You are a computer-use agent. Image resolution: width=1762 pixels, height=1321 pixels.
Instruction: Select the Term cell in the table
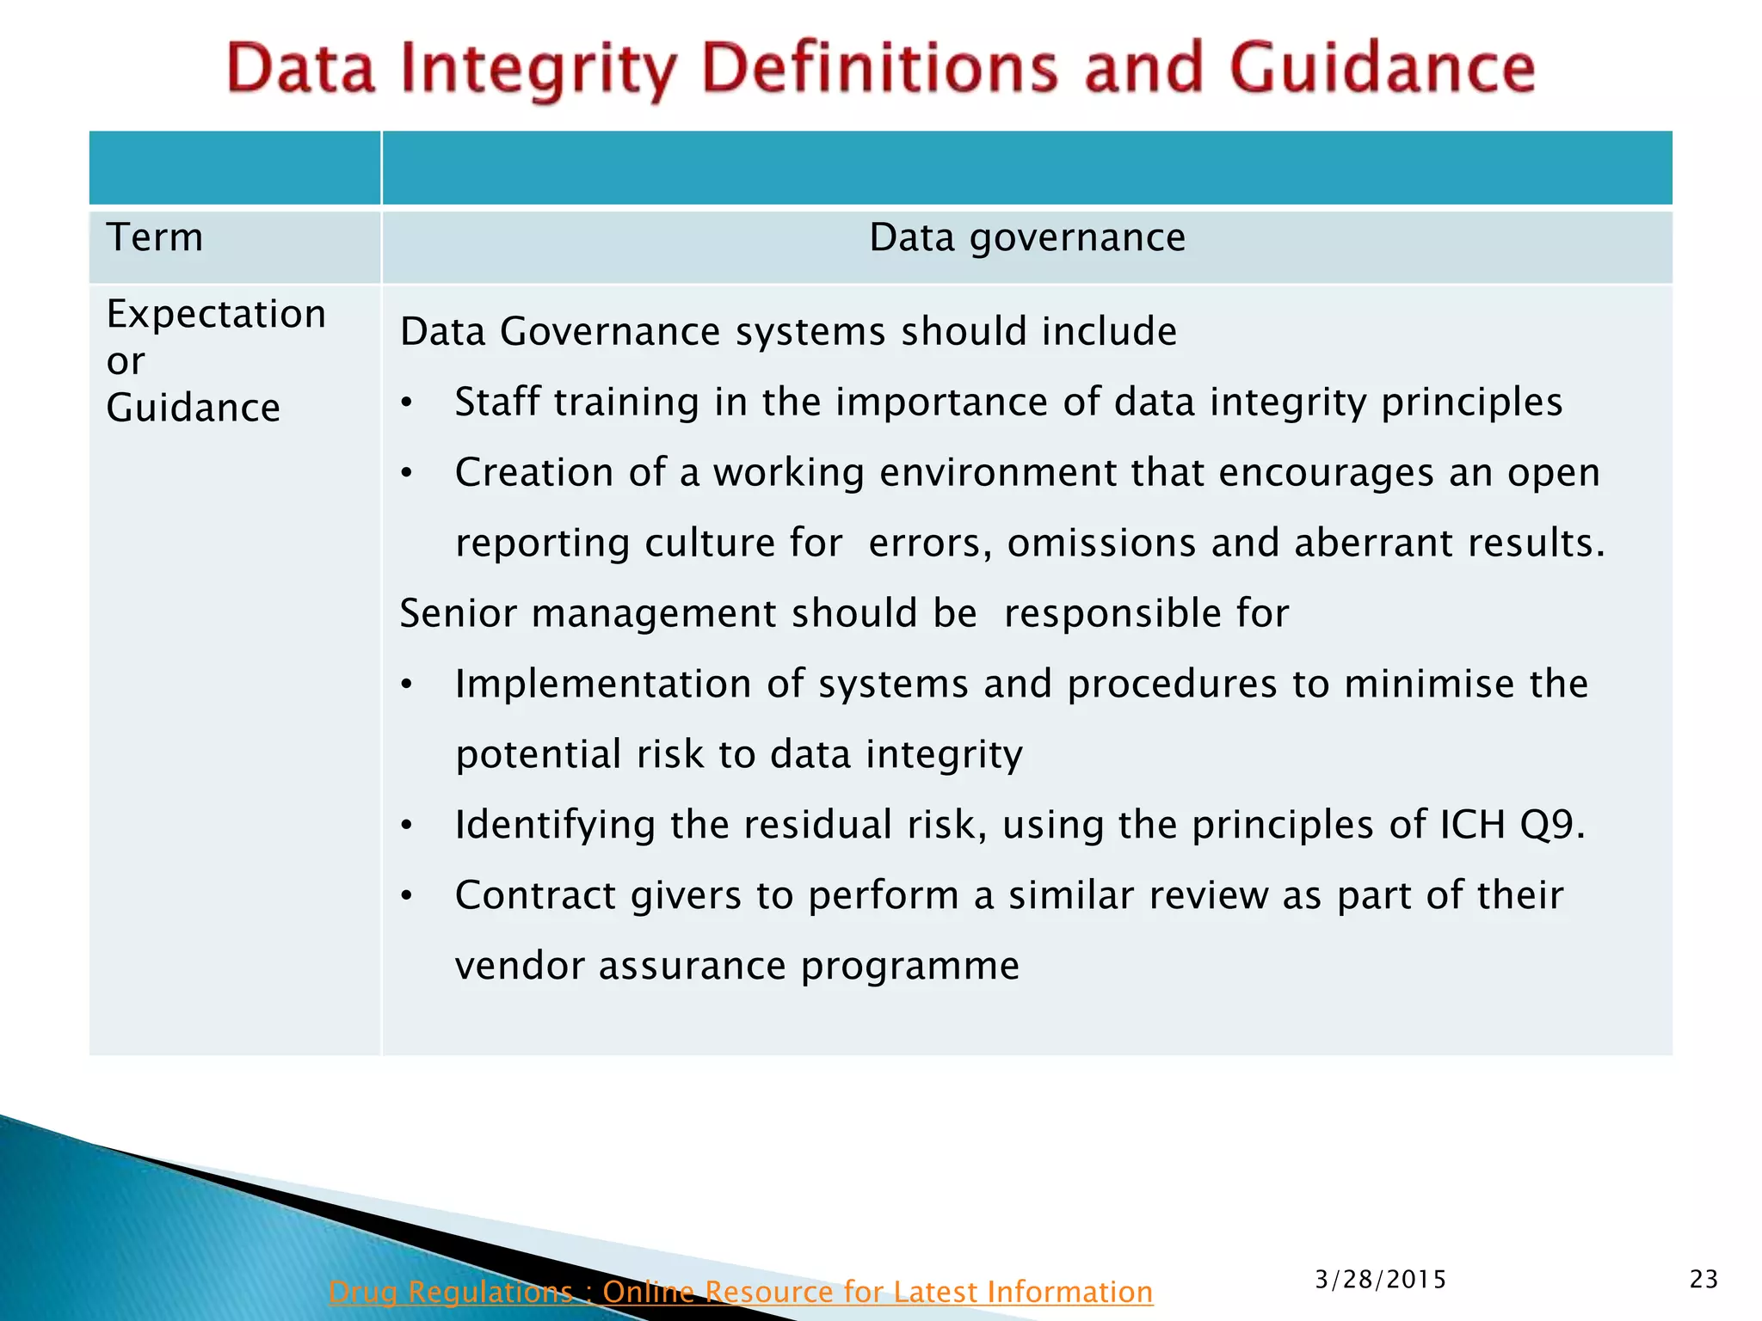[x=155, y=237]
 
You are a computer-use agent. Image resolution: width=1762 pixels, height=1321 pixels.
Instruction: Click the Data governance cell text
[x=1027, y=237]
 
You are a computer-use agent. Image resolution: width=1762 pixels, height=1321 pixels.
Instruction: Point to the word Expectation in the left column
[x=216, y=314]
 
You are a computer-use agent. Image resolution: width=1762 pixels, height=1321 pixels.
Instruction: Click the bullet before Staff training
[x=408, y=402]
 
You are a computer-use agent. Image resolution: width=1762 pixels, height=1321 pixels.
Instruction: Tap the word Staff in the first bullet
[x=496, y=402]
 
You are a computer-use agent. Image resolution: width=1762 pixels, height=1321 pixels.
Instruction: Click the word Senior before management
[x=458, y=614]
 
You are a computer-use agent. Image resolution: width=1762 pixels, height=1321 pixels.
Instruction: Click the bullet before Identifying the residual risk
[x=408, y=826]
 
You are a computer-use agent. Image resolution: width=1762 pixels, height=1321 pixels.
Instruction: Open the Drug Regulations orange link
[x=740, y=1292]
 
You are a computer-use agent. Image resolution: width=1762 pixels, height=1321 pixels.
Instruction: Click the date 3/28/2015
[x=1380, y=1280]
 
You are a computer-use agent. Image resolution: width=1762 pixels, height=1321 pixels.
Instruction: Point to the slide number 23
[x=1703, y=1280]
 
